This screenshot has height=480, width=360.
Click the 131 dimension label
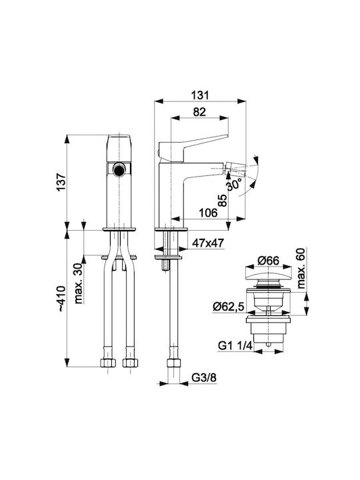pyautogui.click(x=200, y=95)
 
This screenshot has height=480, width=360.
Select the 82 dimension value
pyautogui.click(x=199, y=112)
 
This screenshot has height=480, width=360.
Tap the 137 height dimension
pyautogui.click(x=61, y=183)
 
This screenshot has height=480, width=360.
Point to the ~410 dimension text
pyautogui.click(x=61, y=299)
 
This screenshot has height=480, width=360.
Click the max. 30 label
pyautogui.click(x=79, y=283)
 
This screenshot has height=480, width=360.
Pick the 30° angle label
pyautogui.click(x=234, y=185)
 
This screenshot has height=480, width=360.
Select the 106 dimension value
pyautogui.click(x=208, y=213)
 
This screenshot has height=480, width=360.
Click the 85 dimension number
pyautogui.click(x=223, y=201)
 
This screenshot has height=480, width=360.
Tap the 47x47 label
pyautogui.click(x=208, y=243)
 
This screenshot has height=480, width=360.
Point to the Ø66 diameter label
pyautogui.click(x=268, y=261)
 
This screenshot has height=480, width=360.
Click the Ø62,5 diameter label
pyautogui.click(x=229, y=307)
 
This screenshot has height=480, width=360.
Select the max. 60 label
pyautogui.click(x=301, y=269)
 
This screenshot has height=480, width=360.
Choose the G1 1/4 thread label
pyautogui.click(x=235, y=346)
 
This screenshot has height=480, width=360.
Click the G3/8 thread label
pyautogui.click(x=204, y=378)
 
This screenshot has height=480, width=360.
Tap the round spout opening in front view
pyautogui.click(x=119, y=169)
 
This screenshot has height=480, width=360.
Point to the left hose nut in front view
pyautogui.click(x=108, y=363)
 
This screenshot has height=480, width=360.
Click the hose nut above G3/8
pyautogui.click(x=175, y=363)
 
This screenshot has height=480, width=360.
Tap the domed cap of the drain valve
pyautogui.click(x=269, y=277)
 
